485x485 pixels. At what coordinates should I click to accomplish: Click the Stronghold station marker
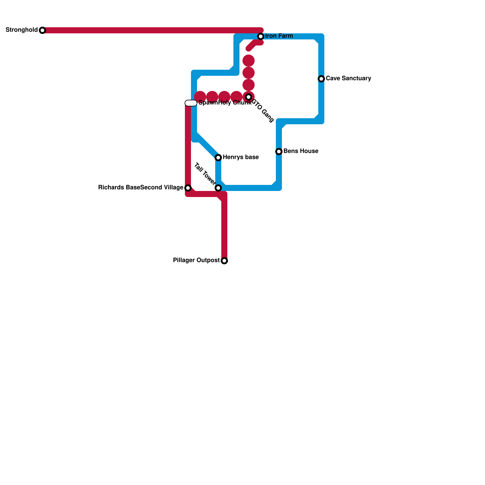pos(42,30)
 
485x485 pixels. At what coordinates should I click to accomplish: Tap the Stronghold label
pos(22,30)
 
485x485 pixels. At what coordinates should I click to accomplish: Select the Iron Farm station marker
pos(261,36)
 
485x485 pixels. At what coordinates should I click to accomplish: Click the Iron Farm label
pos(279,36)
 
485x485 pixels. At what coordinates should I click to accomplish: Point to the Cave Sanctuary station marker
pos(321,79)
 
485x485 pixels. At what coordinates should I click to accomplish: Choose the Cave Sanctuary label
pos(348,79)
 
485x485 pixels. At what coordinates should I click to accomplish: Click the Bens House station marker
pos(279,152)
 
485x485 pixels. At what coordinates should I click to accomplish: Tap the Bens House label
pos(301,151)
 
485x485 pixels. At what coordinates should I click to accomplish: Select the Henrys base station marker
pos(218,158)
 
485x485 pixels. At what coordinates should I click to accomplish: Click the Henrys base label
pos(241,157)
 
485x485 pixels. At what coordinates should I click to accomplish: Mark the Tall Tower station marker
pos(218,188)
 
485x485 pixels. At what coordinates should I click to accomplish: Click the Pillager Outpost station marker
pos(224,261)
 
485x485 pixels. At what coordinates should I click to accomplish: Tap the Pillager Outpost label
pos(196,260)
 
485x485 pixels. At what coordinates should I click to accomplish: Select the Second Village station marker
pos(188,188)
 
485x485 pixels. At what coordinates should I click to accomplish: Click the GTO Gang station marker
pos(249,97)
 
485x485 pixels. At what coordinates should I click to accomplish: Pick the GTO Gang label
pos(263,111)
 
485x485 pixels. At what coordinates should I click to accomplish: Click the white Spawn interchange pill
pos(191,103)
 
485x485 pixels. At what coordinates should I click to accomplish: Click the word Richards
pos(109,188)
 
